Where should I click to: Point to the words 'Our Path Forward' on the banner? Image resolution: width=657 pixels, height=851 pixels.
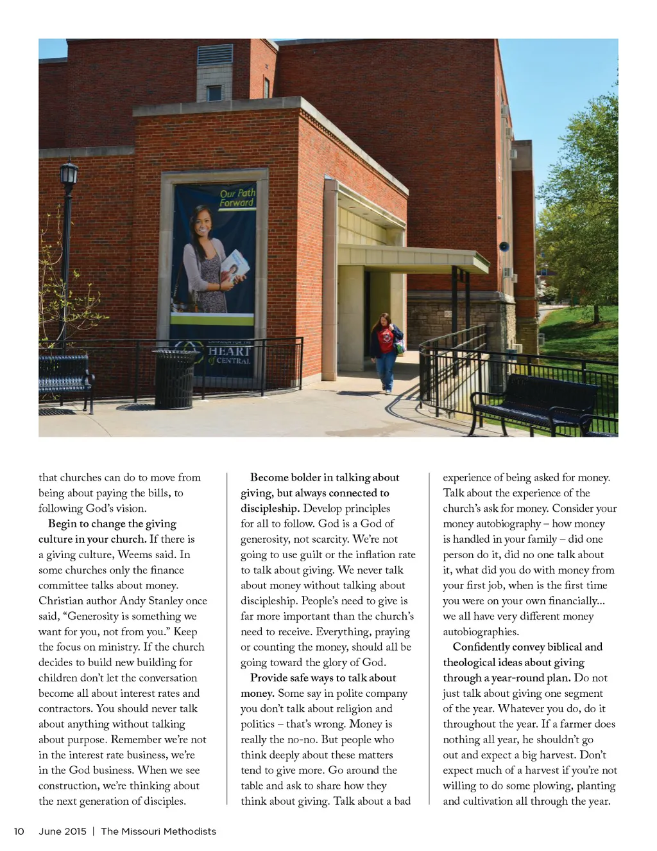(237, 198)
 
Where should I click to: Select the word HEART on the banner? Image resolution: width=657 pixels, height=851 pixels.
(229, 351)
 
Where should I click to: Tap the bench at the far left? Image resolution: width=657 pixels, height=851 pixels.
(64, 379)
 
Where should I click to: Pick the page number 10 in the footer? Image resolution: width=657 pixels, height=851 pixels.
(19, 831)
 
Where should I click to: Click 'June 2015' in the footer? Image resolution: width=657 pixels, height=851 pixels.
(62, 831)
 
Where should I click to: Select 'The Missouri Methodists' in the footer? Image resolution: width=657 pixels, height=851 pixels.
(158, 831)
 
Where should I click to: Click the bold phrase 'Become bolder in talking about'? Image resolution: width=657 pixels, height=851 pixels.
(325, 477)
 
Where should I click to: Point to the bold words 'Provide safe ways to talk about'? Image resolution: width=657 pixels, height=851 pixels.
(323, 678)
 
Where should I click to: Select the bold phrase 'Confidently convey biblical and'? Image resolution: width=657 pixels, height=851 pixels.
(527, 647)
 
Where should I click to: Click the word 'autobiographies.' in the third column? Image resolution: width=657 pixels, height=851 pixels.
(481, 631)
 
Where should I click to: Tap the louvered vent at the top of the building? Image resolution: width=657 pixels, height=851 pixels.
(215, 55)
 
